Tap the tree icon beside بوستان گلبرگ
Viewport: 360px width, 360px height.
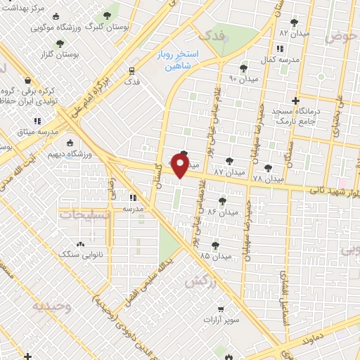coord(107,15)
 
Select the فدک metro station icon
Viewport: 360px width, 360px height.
coord(131,70)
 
